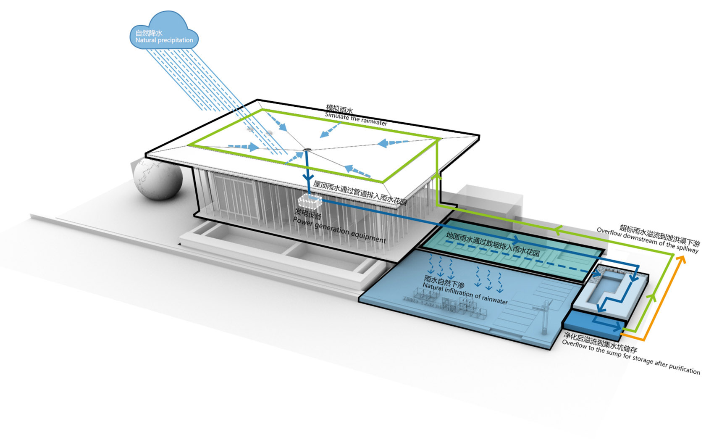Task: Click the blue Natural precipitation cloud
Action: tap(164, 32)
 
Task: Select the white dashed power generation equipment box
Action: tap(310, 202)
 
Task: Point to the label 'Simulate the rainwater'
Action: tap(356, 119)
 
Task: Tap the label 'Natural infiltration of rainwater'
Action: tap(465, 293)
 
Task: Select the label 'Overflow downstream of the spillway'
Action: tap(647, 241)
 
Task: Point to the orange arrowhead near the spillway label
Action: tap(680, 259)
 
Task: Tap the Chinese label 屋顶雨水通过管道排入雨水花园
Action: tap(360, 192)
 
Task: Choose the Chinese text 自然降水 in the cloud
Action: tap(149, 33)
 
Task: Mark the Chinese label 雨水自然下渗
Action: tap(444, 282)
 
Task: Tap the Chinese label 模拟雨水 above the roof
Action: tap(339, 110)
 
